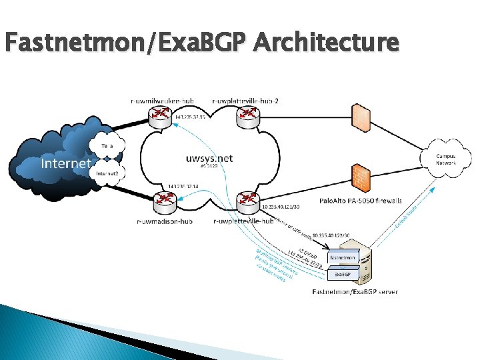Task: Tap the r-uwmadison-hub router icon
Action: coord(163,201)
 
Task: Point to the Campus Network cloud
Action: coord(446,159)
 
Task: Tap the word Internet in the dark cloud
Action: coord(65,163)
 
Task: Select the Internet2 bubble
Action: coord(106,173)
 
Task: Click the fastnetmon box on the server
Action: coord(343,257)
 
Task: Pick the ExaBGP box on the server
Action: coord(343,273)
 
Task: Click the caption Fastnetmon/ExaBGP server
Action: coord(355,292)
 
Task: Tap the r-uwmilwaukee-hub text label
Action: coord(163,101)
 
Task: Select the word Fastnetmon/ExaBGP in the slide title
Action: coord(126,43)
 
